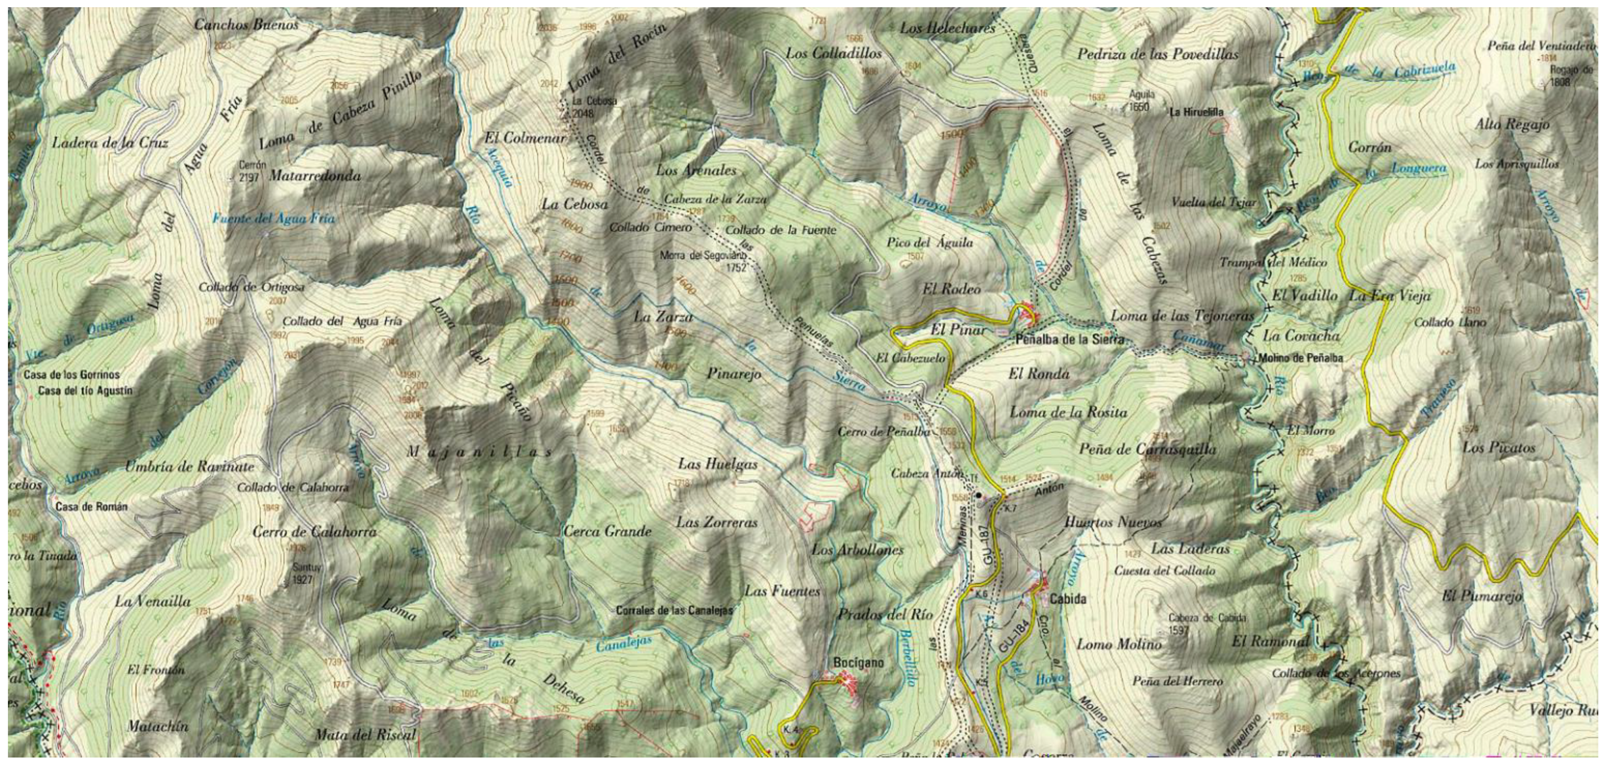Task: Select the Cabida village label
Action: (x=1068, y=599)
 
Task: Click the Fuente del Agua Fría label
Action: (x=273, y=219)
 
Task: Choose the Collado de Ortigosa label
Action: (x=251, y=287)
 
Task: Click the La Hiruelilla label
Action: (x=1196, y=112)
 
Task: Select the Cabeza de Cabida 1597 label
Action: (x=1207, y=623)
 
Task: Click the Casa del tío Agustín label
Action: (x=86, y=391)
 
